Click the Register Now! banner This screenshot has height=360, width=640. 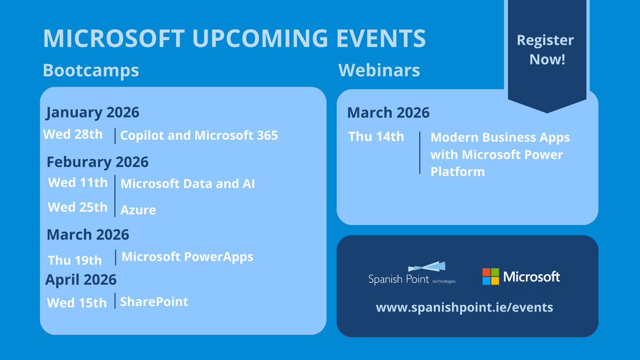545,50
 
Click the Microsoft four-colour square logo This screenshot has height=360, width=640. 491,276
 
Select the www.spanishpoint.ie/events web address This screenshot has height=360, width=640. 464,308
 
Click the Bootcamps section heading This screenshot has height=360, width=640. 91,70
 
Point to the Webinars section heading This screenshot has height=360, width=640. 379,70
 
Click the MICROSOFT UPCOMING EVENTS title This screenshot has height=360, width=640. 234,39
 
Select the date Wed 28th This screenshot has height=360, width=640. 73,134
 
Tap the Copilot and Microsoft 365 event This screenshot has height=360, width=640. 199,135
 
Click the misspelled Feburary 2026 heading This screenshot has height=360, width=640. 98,162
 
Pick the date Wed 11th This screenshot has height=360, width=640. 77,183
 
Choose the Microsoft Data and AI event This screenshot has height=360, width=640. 188,184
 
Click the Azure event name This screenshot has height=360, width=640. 138,210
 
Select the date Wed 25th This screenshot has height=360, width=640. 77,207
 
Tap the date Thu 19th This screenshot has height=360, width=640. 75,260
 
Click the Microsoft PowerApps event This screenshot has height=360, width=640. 187,257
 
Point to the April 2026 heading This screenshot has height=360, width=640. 81,279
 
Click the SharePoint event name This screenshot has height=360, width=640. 154,302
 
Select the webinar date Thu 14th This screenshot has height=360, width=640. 376,137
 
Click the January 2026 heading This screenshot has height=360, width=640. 92,113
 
